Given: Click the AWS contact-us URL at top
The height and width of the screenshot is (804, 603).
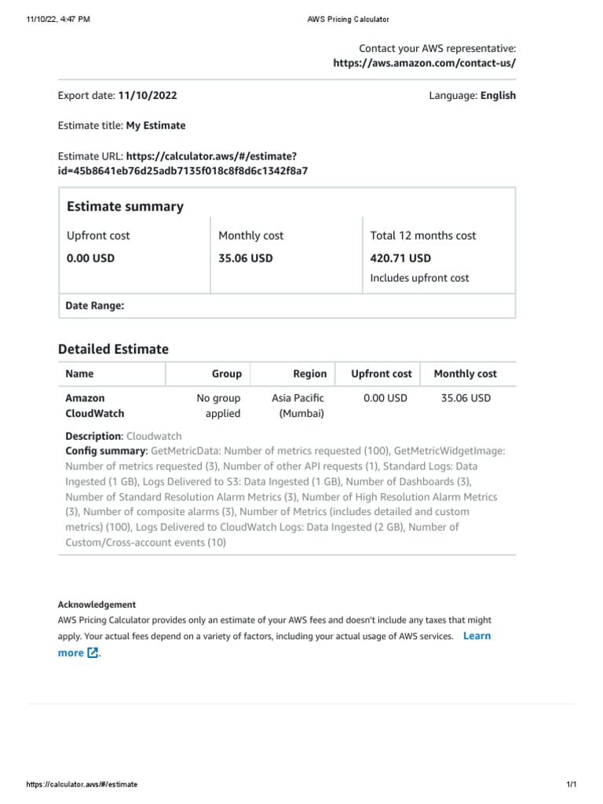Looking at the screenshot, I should (x=424, y=64).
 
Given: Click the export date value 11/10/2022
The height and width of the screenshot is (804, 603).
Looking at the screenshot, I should (x=148, y=96).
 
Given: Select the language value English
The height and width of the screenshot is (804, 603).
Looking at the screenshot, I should (x=498, y=96).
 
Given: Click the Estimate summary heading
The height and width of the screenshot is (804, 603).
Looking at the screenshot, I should (x=125, y=206).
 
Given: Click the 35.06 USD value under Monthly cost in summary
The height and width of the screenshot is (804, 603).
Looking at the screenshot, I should (x=246, y=258).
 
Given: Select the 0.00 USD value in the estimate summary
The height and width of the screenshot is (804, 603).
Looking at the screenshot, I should (x=90, y=258).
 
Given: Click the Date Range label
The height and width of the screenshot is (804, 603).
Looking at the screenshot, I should (x=95, y=305).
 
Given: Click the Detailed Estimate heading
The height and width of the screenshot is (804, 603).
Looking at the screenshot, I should (x=113, y=349).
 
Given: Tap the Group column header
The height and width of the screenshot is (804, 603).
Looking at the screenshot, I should (x=226, y=374).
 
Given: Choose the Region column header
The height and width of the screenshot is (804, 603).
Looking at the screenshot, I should (x=309, y=374).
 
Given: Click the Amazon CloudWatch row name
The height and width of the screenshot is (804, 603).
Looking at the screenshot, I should (x=95, y=406).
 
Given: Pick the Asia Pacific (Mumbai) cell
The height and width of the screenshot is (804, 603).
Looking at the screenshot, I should (x=298, y=406).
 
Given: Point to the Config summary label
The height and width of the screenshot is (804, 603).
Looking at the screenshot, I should (x=106, y=451).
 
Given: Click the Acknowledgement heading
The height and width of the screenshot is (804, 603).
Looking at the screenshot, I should (x=97, y=605).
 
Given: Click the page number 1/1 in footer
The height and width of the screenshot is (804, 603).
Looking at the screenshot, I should (x=571, y=784).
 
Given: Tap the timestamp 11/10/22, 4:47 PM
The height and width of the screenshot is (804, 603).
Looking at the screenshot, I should (x=58, y=19).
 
